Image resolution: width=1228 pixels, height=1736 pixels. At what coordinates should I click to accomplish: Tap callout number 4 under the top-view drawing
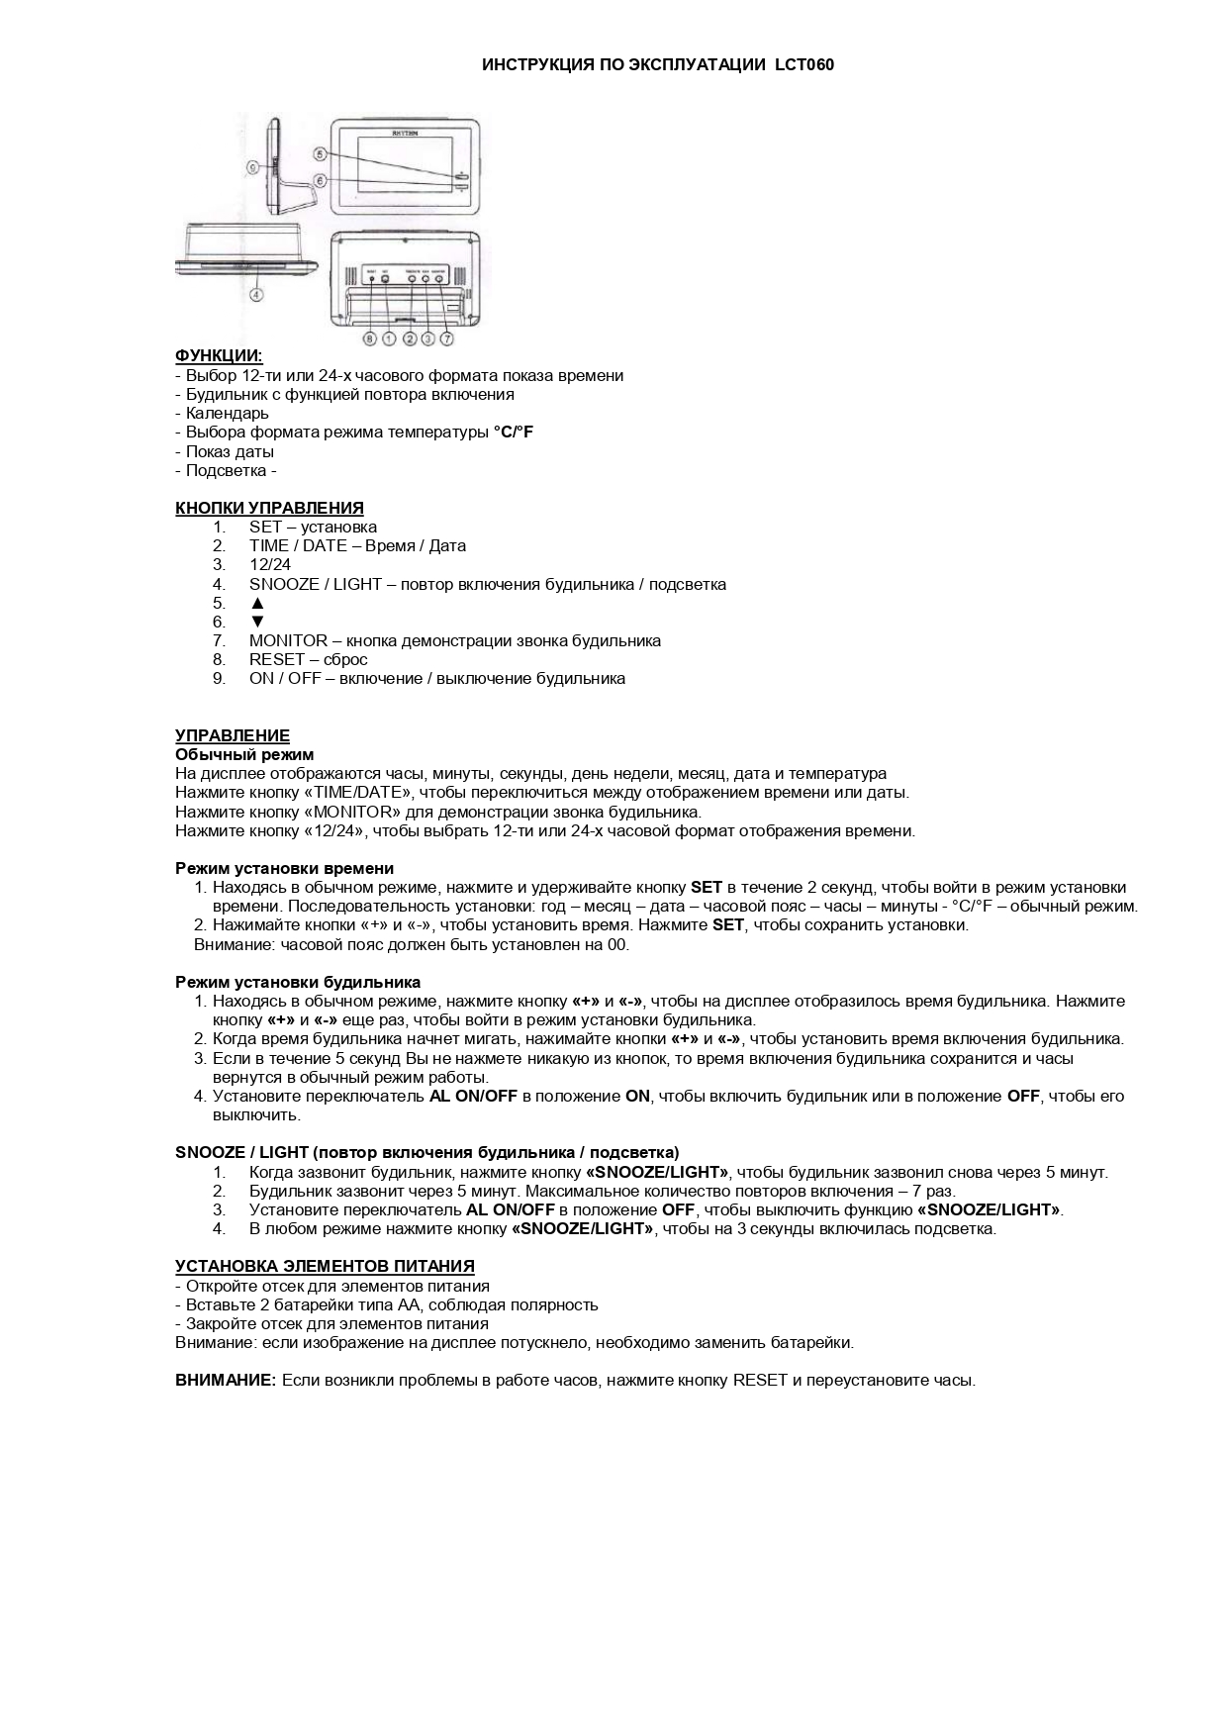click(256, 293)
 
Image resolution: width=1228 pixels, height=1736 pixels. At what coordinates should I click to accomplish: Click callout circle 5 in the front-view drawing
click(320, 153)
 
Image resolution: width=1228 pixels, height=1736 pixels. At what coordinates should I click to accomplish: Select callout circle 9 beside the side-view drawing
click(252, 168)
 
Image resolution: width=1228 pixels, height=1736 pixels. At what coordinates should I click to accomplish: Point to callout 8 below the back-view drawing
click(370, 339)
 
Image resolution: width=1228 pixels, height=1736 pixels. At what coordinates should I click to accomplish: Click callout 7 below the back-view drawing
click(446, 339)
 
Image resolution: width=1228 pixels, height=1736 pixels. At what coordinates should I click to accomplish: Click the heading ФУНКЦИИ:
click(219, 356)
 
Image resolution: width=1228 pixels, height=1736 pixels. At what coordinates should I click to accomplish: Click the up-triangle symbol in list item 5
click(257, 603)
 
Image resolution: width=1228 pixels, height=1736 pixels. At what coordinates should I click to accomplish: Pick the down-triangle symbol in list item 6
click(257, 622)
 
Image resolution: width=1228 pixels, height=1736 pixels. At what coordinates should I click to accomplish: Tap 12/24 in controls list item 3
click(270, 565)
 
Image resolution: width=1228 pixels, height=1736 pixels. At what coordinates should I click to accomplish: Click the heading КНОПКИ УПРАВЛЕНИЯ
click(269, 509)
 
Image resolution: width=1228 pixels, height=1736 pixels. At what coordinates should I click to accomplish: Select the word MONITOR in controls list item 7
click(288, 641)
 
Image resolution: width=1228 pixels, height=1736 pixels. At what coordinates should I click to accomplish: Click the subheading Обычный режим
click(244, 755)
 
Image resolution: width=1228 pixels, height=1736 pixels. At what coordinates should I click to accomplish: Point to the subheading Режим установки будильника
click(298, 983)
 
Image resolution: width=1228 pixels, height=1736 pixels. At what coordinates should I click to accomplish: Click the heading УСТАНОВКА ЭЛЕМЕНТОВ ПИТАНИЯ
click(325, 1267)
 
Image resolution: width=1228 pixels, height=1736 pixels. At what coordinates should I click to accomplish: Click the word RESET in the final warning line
click(760, 1381)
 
